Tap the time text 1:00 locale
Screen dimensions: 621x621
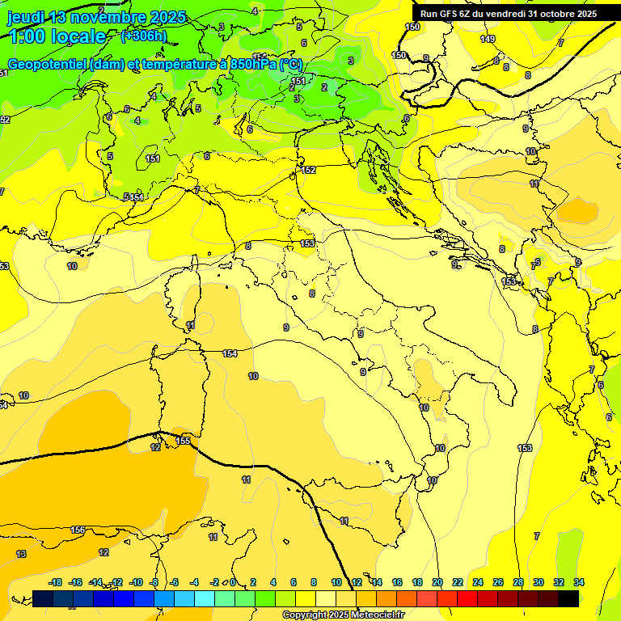[57, 36]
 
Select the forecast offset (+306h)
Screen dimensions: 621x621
[143, 36]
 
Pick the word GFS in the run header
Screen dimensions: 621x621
[452, 14]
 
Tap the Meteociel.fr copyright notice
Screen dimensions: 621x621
[343, 615]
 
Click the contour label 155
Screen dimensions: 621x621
[184, 441]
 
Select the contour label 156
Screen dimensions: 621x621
[78, 530]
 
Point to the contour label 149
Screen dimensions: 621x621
[487, 39]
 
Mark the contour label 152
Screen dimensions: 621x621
[309, 170]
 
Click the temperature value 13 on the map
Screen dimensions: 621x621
[21, 554]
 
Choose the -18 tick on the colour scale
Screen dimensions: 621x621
[56, 582]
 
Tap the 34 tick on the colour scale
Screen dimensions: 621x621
[579, 582]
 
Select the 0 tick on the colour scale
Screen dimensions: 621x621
[233, 582]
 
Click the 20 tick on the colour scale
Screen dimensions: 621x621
[437, 582]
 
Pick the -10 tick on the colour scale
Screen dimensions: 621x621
[136, 582]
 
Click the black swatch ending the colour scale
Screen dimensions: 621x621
[568, 598]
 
